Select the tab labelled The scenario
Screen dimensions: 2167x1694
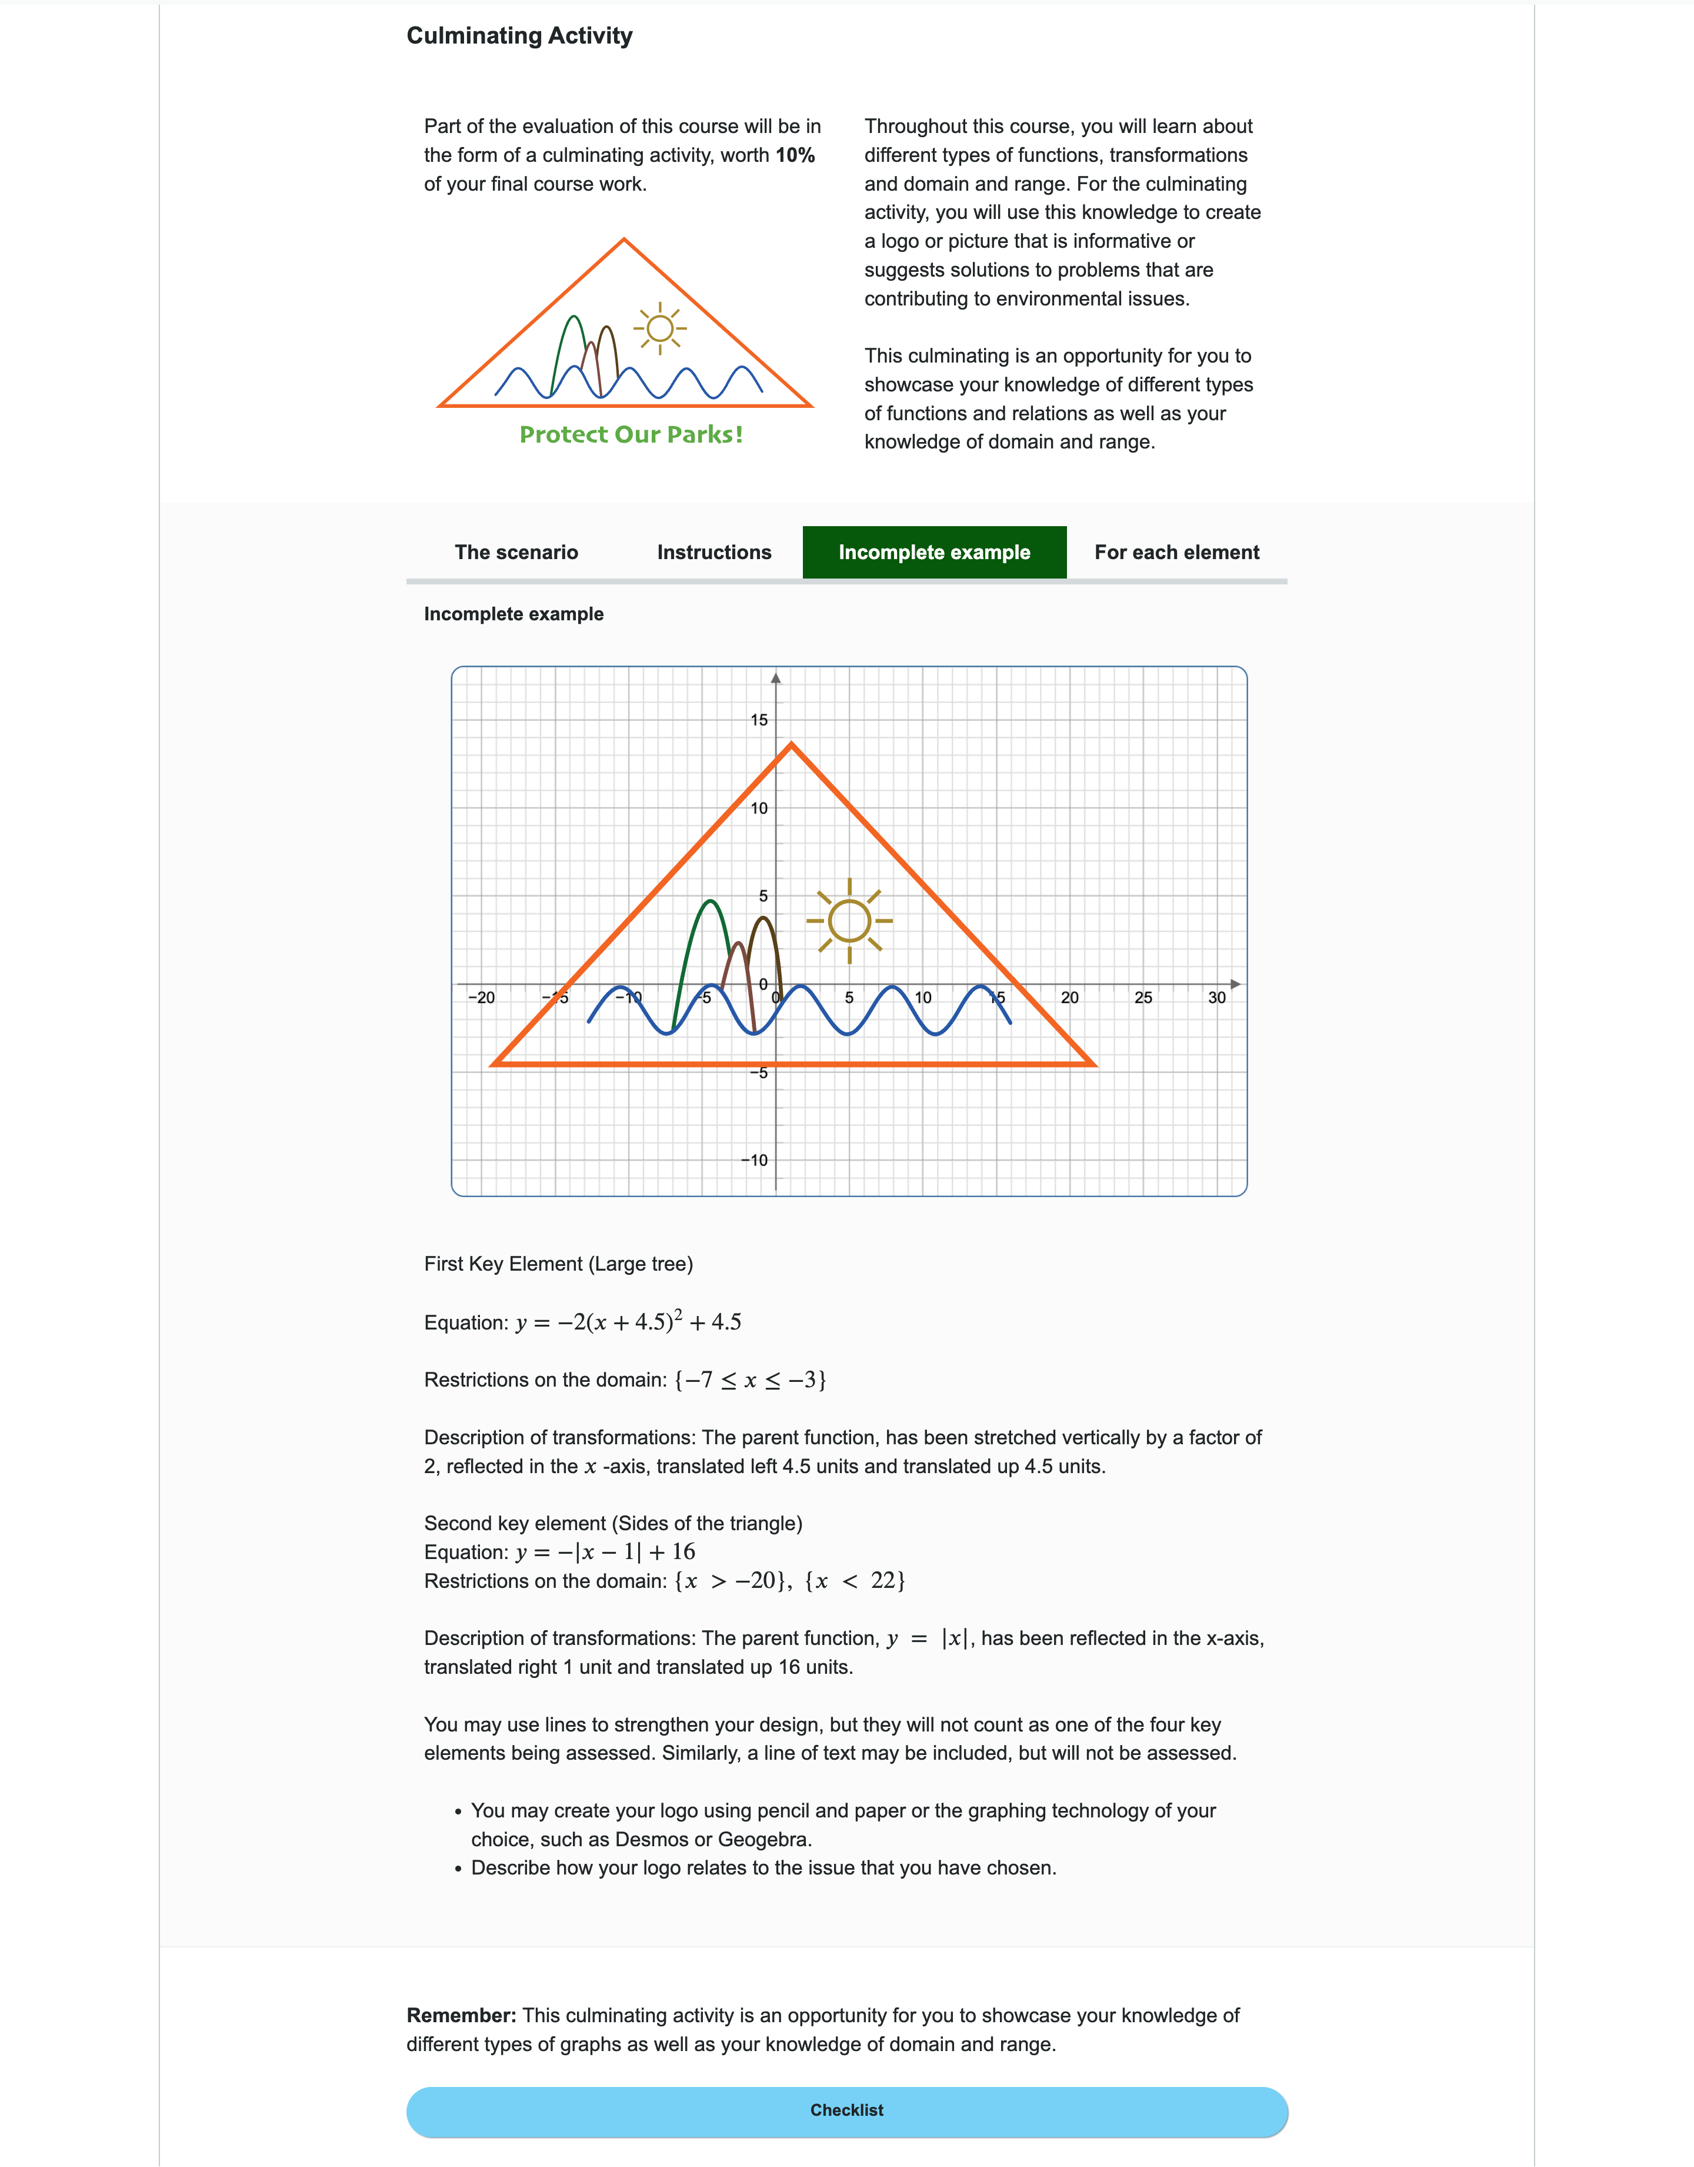pos(516,553)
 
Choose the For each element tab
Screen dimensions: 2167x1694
pos(1176,553)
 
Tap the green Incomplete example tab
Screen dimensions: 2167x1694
pos(933,553)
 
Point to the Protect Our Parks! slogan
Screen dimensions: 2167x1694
pos(631,434)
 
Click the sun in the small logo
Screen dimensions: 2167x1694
pos(659,328)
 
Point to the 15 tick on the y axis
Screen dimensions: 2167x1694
pos(759,720)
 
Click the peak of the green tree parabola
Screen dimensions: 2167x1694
pos(709,901)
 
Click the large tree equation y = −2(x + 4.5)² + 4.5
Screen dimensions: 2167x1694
pos(628,1322)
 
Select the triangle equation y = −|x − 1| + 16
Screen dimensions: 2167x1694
pos(605,1552)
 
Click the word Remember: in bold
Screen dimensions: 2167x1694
pos(461,2015)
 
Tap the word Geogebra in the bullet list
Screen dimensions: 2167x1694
pos(763,1840)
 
